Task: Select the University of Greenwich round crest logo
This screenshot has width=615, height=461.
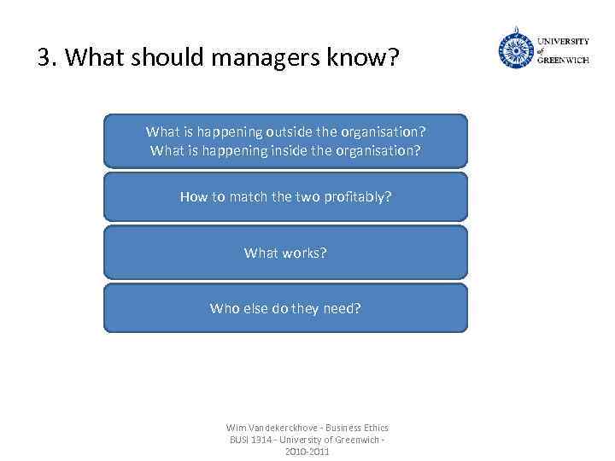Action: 516,50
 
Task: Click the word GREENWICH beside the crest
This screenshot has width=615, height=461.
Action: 563,61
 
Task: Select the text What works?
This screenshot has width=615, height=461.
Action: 285,253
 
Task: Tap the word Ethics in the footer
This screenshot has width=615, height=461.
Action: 373,428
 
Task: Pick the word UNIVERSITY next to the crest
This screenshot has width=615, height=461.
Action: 563,40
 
